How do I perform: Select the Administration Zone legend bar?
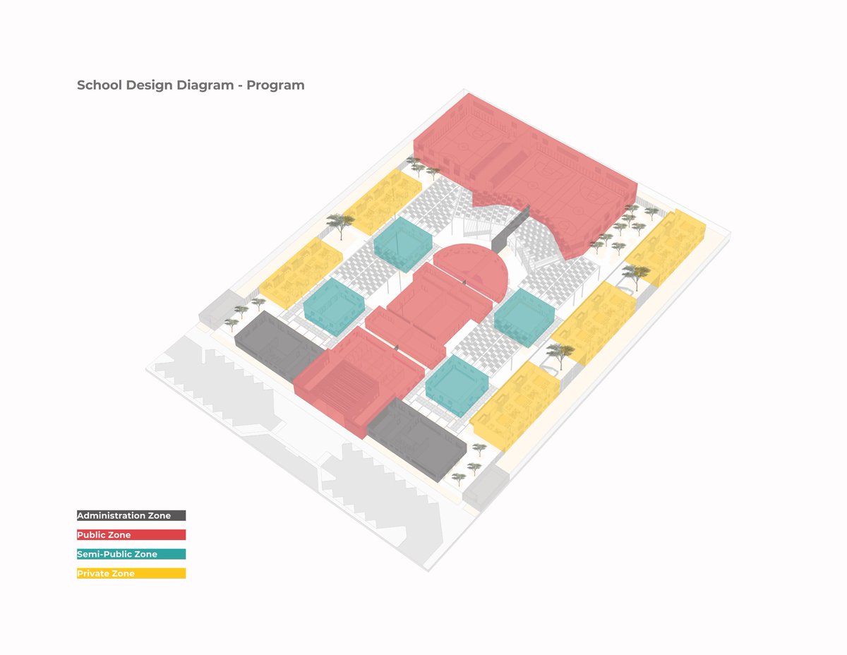click(x=131, y=516)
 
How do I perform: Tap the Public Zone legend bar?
click(x=131, y=535)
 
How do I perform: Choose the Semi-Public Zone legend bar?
click(x=131, y=554)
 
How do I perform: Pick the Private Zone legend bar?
click(x=131, y=573)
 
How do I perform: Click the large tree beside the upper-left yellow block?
click(x=341, y=223)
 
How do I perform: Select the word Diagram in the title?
click(x=210, y=85)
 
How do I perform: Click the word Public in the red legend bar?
click(x=90, y=535)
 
